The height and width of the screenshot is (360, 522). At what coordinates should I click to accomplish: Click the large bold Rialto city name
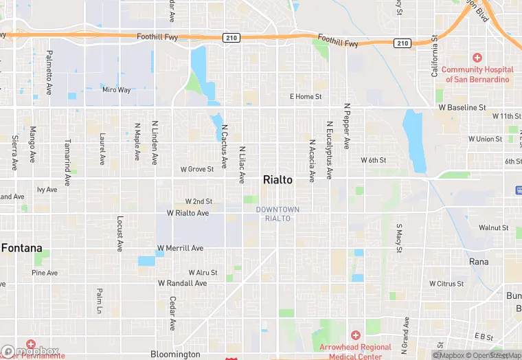click(277, 180)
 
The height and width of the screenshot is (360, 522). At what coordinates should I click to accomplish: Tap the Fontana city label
click(21, 248)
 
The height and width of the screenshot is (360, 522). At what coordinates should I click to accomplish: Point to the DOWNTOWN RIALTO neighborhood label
click(277, 214)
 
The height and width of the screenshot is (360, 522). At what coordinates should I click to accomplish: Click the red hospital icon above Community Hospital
click(477, 58)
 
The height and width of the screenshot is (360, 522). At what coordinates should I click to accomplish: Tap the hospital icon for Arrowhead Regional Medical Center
click(355, 335)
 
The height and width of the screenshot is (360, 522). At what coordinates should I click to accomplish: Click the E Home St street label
click(306, 97)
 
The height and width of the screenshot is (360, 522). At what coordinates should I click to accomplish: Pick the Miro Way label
click(116, 90)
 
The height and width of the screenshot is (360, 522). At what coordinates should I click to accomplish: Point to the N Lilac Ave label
click(242, 165)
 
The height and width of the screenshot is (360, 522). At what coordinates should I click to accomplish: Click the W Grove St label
click(197, 169)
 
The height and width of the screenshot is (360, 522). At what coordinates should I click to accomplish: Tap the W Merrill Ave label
click(180, 248)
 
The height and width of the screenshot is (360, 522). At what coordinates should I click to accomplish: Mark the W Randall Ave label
click(182, 283)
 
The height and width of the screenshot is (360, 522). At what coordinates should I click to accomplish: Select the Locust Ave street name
click(120, 234)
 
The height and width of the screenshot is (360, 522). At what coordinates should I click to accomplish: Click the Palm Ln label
click(99, 301)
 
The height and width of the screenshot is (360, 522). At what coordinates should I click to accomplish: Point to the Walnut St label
click(493, 227)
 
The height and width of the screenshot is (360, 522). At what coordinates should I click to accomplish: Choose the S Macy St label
click(398, 238)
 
